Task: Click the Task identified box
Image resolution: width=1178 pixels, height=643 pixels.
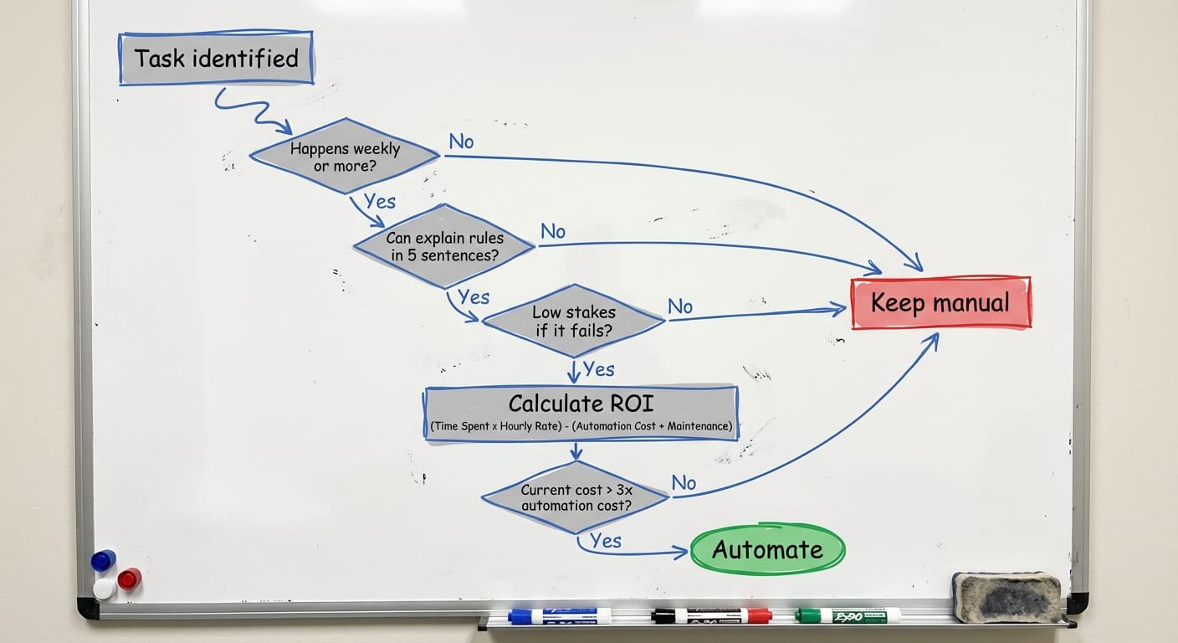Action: pyautogui.click(x=216, y=59)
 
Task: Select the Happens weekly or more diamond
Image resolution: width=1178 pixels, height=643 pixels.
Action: pyautogui.click(x=345, y=157)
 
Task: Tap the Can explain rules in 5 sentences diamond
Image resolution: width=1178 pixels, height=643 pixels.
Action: pyautogui.click(x=444, y=246)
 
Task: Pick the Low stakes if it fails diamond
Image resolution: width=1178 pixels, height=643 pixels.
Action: pyautogui.click(x=574, y=321)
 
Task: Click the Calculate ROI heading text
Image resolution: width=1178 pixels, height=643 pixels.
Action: pyautogui.click(x=581, y=404)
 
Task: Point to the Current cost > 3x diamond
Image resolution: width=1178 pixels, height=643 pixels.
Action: pyautogui.click(x=576, y=497)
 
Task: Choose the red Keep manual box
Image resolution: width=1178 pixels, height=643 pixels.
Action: pyautogui.click(x=940, y=302)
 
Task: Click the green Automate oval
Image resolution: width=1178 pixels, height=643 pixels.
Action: pyautogui.click(x=767, y=550)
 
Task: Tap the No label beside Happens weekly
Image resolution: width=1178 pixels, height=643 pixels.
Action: pyautogui.click(x=461, y=141)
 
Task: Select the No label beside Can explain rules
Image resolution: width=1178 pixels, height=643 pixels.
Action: pyautogui.click(x=553, y=231)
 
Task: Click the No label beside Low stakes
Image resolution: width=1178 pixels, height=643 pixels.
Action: pyautogui.click(x=680, y=307)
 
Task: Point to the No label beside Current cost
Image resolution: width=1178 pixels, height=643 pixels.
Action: pyautogui.click(x=684, y=483)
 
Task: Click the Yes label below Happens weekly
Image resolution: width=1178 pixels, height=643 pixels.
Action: pyautogui.click(x=380, y=201)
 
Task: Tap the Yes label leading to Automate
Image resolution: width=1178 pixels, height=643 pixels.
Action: pyautogui.click(x=606, y=541)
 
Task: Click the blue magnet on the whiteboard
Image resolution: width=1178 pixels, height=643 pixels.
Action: pyautogui.click(x=103, y=560)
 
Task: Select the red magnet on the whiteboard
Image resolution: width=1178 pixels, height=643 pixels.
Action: pyautogui.click(x=129, y=578)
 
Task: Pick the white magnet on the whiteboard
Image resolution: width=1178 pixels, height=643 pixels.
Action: pyautogui.click(x=105, y=589)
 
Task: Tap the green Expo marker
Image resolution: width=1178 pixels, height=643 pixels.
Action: pyautogui.click(x=848, y=616)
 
